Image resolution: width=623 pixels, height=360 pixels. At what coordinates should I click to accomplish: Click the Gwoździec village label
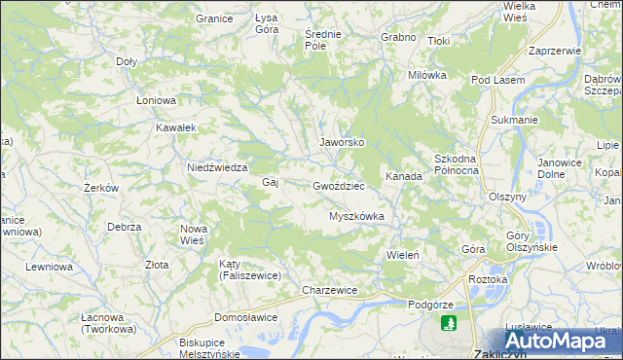[338, 185]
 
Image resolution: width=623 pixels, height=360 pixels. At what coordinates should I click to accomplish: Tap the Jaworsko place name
[342, 142]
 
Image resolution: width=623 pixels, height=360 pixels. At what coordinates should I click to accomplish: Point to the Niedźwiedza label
[217, 167]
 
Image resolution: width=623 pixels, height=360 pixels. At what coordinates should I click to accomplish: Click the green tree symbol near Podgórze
[448, 322]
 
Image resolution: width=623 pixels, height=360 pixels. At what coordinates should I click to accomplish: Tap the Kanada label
[404, 176]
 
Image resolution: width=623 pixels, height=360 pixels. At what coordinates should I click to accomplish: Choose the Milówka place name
[427, 75]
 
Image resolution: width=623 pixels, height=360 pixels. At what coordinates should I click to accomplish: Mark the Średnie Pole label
[322, 40]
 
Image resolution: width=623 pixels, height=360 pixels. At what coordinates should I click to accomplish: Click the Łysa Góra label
[266, 24]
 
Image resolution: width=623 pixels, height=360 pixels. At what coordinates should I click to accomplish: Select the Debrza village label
[126, 227]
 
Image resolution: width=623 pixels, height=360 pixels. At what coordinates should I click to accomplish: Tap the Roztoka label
[489, 279]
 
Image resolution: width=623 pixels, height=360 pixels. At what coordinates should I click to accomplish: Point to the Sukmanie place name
[514, 120]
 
